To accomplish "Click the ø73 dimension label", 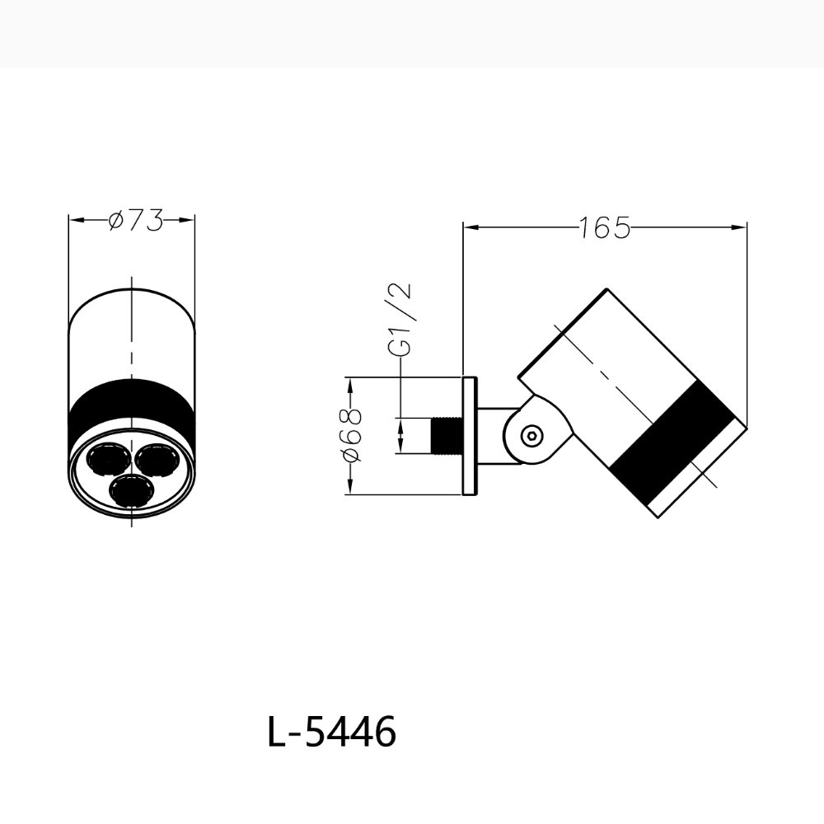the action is tap(135, 220).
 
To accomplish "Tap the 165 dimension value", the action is tap(604, 227).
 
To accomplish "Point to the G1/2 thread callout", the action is tap(402, 320).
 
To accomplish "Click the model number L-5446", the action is tap(331, 732).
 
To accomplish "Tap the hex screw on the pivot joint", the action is tap(531, 435).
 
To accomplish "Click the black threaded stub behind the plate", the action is tap(447, 435).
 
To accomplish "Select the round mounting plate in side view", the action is tap(470, 436).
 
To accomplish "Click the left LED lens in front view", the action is tap(108, 458).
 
